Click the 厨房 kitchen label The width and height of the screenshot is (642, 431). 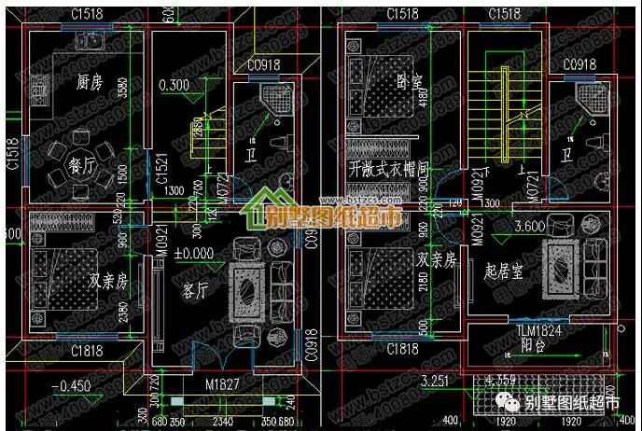tap(90, 83)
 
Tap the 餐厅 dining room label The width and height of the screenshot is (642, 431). tap(83, 170)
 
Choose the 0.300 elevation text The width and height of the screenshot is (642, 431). tap(174, 86)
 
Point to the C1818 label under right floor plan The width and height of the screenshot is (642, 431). tap(402, 350)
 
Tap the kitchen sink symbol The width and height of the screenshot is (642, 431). tap(91, 41)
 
